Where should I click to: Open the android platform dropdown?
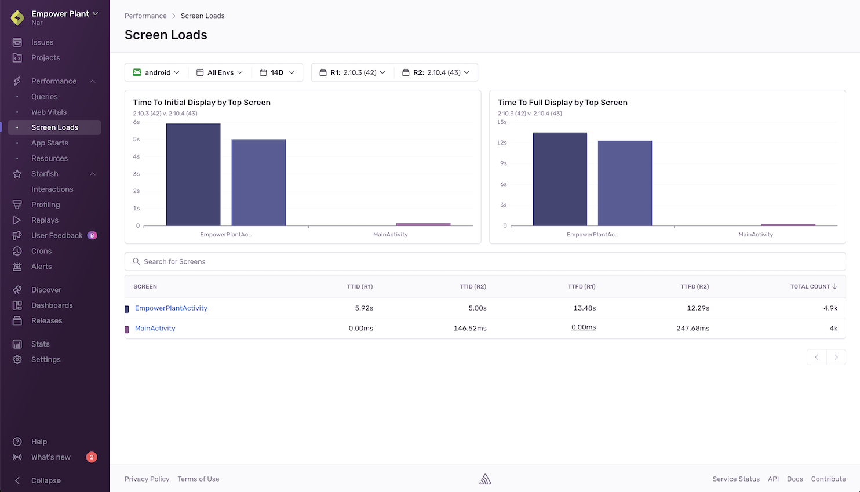(156, 72)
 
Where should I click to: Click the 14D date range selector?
(277, 72)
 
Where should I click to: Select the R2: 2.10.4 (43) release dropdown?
(436, 72)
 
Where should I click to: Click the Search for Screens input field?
(485, 261)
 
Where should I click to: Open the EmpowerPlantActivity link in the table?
(171, 308)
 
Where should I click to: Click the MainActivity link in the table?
(155, 329)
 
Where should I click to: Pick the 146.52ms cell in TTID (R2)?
(470, 329)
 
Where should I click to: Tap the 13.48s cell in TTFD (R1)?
(584, 308)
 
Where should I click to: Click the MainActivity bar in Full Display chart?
(788, 224)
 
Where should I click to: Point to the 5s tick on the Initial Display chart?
(137, 140)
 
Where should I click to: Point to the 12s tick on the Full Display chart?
(502, 143)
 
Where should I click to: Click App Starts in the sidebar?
(50, 143)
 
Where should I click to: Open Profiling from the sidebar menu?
(45, 205)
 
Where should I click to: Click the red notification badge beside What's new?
(92, 457)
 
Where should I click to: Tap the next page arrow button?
(836, 357)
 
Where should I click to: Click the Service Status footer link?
(736, 479)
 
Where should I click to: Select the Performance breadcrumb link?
(145, 16)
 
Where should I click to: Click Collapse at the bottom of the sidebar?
(46, 480)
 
